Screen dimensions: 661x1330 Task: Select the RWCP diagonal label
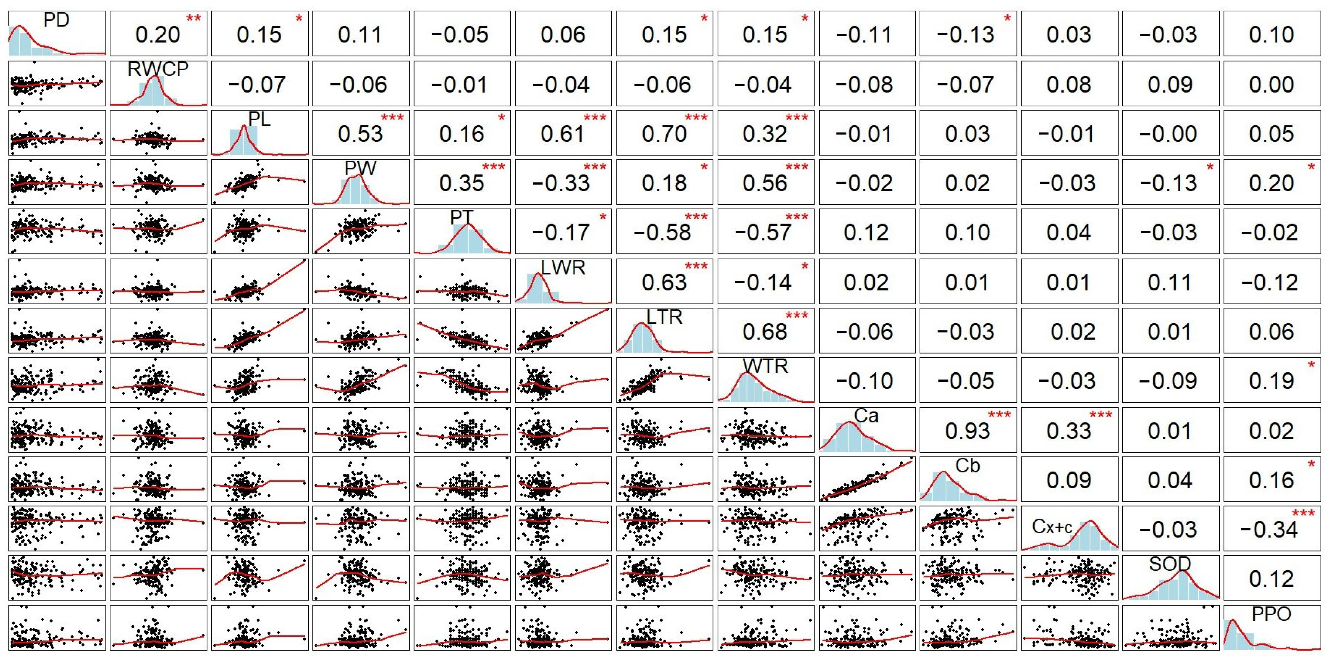pyautogui.click(x=158, y=69)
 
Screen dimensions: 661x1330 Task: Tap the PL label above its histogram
pyautogui.click(x=259, y=119)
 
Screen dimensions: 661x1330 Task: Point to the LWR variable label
pyautogui.click(x=563, y=268)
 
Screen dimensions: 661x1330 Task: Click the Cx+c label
pyautogui.click(x=1052, y=527)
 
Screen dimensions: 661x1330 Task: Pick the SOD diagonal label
pyautogui.click(x=1170, y=564)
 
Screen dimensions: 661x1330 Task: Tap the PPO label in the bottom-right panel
pyautogui.click(x=1271, y=614)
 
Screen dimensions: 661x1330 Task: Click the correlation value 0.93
pyautogui.click(x=967, y=431)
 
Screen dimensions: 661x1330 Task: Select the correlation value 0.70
pyautogui.click(x=664, y=134)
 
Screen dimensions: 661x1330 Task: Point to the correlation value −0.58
pyautogui.click(x=662, y=233)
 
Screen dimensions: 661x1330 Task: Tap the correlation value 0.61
pyautogui.click(x=563, y=134)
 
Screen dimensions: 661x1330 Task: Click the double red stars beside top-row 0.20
pyautogui.click(x=194, y=19)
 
